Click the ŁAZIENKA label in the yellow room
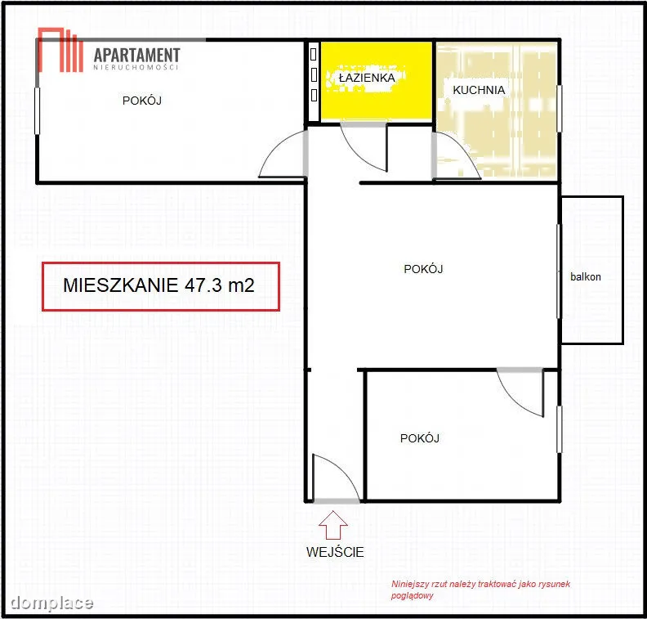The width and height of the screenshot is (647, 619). (367, 78)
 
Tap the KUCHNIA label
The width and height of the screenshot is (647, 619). (479, 90)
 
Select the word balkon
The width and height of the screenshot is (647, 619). (585, 276)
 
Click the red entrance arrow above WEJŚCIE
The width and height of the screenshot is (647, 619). (333, 525)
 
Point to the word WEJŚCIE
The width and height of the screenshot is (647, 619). (335, 552)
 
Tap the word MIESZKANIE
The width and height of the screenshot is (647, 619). (120, 285)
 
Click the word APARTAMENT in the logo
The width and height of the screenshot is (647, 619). (137, 56)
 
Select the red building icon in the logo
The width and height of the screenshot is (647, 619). (60, 50)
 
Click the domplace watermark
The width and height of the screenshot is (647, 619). (51, 603)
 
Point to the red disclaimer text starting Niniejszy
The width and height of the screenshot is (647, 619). (480, 590)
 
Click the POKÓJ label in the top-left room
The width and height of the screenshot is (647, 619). (142, 101)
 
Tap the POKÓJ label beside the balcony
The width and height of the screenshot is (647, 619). (423, 269)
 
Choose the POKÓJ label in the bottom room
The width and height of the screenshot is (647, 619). (420, 438)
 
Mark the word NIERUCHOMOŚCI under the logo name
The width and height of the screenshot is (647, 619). (136, 67)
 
